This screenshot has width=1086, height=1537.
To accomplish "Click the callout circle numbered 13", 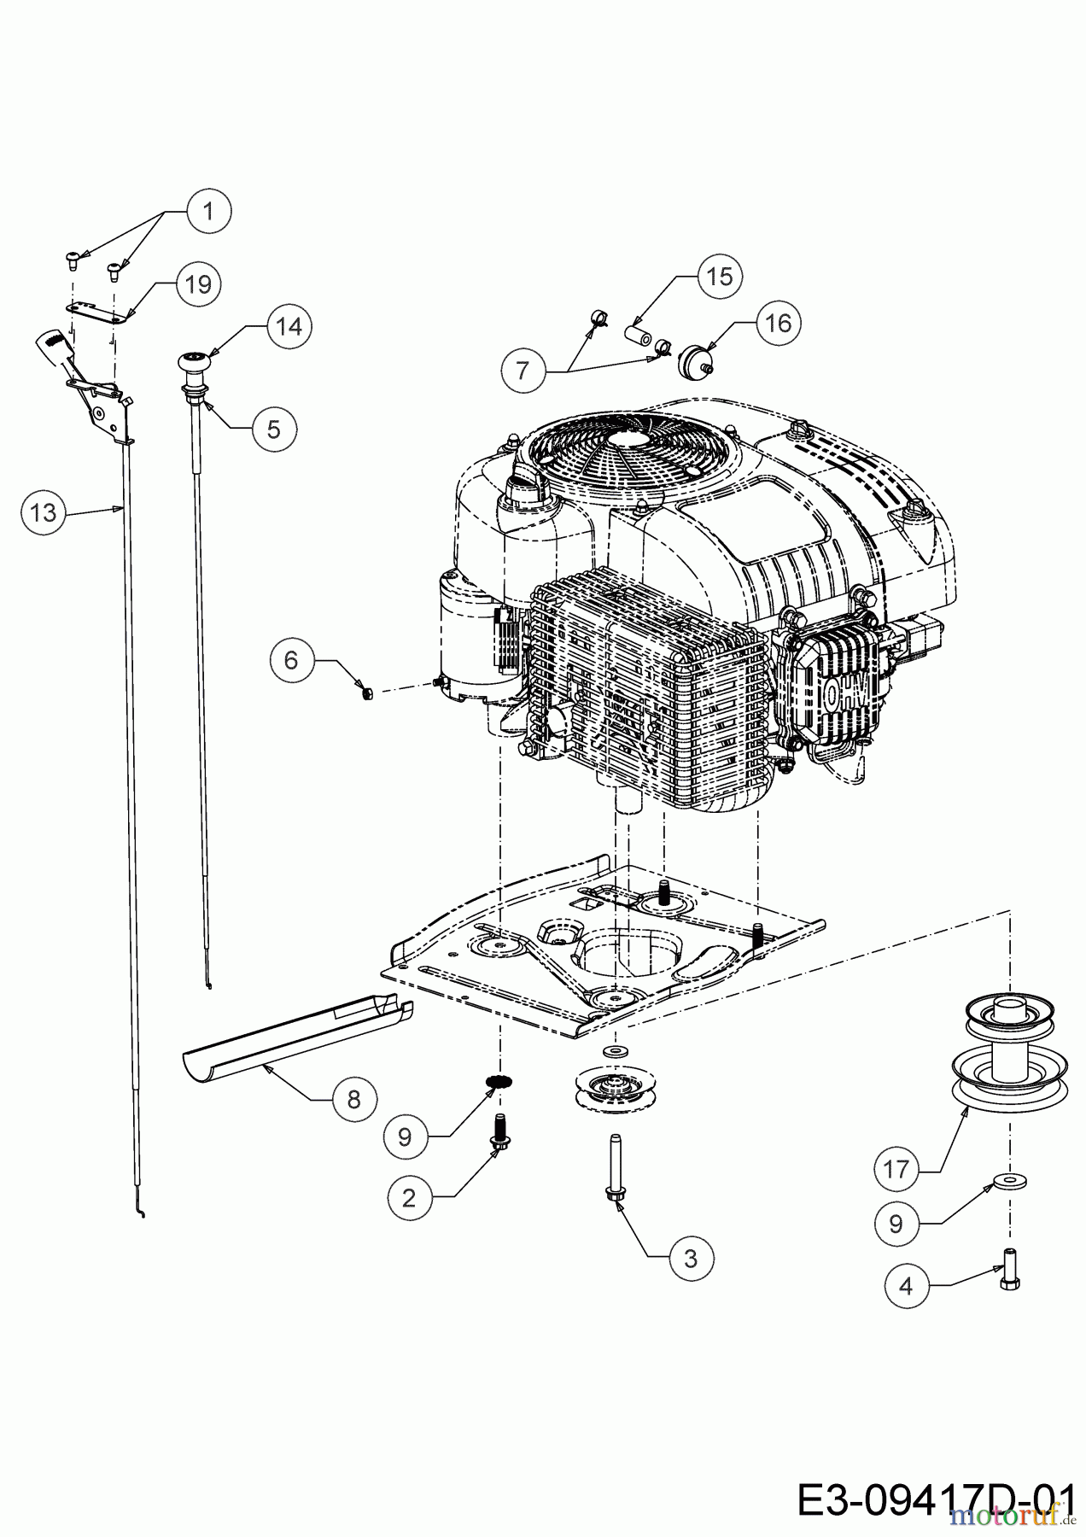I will (43, 512).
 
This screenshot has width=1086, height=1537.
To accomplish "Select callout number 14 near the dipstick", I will (289, 326).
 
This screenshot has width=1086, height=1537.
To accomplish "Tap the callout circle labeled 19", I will (198, 283).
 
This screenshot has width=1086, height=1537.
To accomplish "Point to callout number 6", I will (292, 660).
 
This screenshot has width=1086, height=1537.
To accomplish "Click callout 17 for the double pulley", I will (896, 1168).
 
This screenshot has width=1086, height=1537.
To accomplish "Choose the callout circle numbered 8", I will (354, 1098).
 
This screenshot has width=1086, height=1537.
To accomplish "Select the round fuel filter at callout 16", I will (693, 361).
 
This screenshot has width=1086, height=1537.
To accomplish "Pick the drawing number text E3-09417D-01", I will (934, 1499).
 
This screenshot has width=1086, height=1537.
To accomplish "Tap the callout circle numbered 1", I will (207, 210).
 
